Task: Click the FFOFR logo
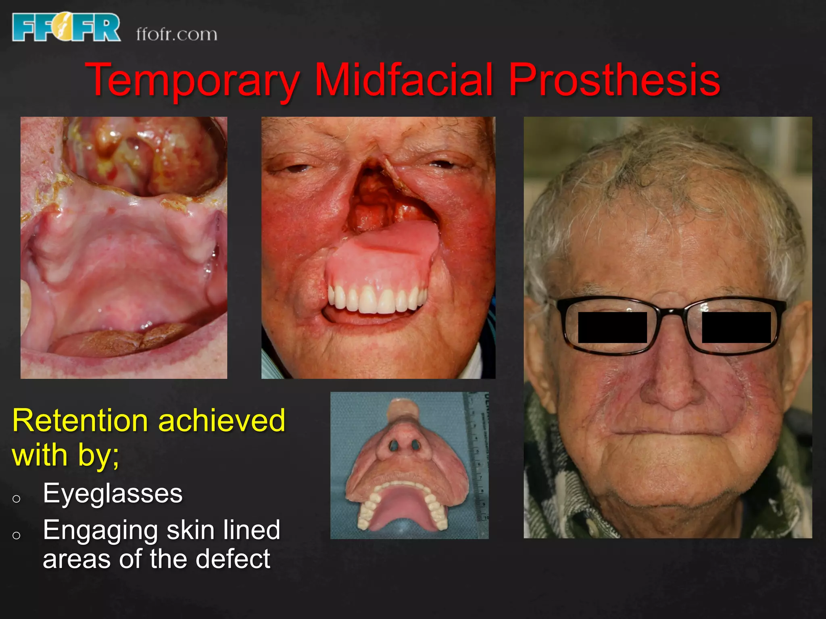66,27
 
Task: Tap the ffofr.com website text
177,34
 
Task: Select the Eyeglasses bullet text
113,493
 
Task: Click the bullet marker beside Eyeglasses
17,499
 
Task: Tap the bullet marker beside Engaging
17,535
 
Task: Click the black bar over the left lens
612,327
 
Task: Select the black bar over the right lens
736,327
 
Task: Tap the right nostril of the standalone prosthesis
415,445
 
